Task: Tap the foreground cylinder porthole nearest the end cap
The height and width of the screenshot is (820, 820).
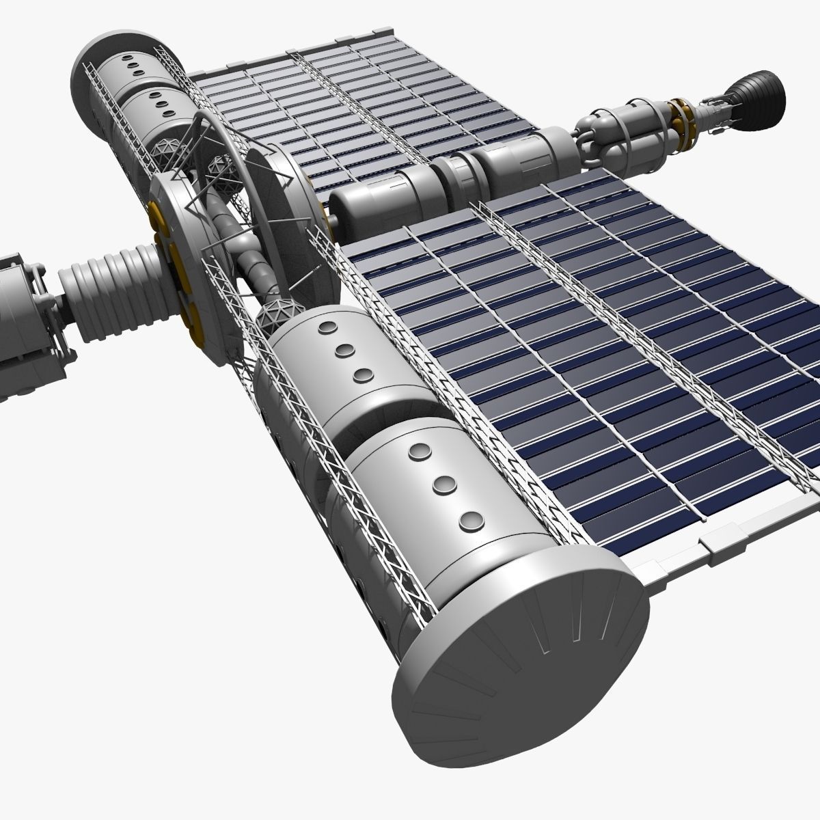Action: click(467, 521)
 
